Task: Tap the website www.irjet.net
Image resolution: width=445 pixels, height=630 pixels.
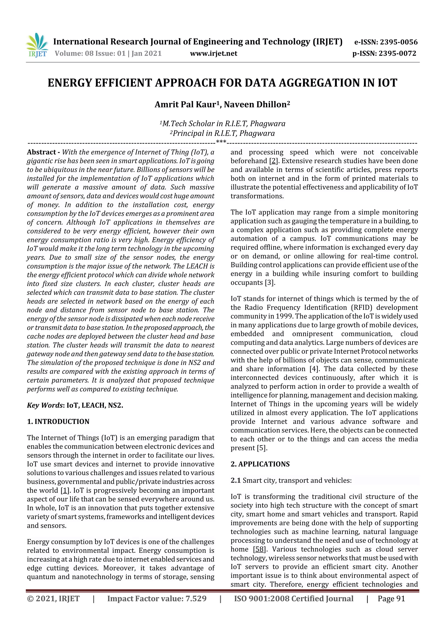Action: coord(213,53)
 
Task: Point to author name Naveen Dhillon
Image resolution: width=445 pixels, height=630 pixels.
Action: coord(257,105)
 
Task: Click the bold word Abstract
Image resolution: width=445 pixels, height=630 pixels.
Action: coord(42,152)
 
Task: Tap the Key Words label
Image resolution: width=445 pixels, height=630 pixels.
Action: coord(45,405)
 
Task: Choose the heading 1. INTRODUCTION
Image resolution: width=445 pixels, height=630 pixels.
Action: coord(58,421)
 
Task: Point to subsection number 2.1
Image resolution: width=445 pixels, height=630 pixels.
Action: coord(236,480)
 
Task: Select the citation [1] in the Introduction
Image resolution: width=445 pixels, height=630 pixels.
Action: coord(65,490)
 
